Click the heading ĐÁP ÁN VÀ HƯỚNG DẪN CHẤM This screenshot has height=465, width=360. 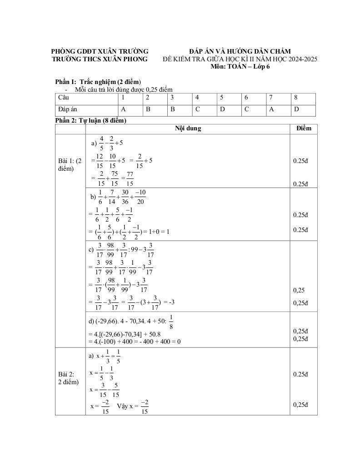point(240,51)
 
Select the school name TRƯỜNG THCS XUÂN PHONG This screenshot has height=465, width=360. point(100,59)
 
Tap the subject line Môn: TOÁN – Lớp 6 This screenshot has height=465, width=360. point(240,67)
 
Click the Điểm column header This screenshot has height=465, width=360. point(303,129)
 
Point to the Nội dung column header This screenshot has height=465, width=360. point(188,129)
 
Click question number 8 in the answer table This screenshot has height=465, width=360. point(296,98)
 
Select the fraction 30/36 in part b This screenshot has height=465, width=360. point(125,197)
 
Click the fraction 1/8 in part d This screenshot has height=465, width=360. point(171,322)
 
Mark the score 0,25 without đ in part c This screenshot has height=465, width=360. point(299,290)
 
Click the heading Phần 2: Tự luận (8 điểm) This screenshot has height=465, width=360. point(90,120)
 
